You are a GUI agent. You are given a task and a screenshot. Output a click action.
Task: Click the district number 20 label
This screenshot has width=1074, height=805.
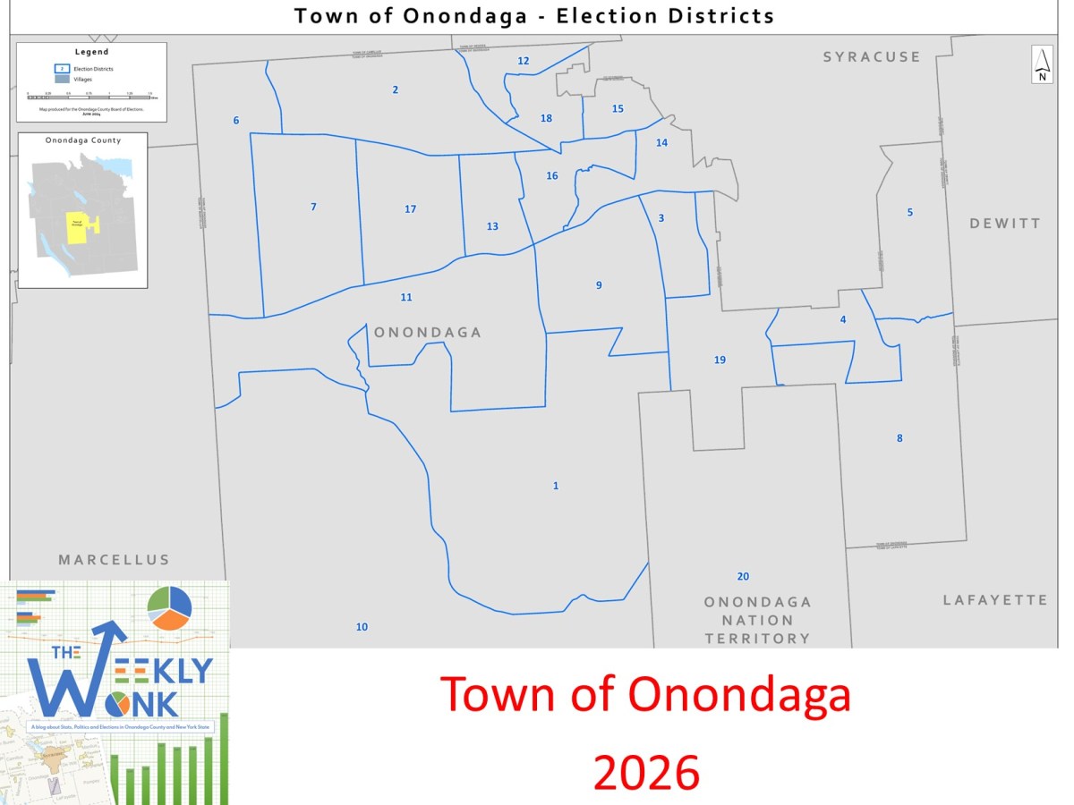(743, 576)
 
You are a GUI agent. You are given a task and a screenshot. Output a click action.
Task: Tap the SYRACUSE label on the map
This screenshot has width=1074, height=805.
(872, 56)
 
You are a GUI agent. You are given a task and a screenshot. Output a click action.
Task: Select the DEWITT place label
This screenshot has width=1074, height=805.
(1005, 223)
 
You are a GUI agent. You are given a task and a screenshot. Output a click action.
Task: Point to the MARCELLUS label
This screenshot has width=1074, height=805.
(114, 560)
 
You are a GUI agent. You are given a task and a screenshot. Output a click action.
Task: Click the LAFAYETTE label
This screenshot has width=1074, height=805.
(994, 600)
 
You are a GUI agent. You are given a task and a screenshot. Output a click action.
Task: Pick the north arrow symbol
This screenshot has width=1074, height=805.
(1042, 64)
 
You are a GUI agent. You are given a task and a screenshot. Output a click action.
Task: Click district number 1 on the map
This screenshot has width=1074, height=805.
(556, 486)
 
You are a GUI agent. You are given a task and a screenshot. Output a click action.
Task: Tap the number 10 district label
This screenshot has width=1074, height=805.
(362, 627)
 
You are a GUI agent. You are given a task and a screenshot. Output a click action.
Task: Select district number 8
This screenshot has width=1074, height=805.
(899, 437)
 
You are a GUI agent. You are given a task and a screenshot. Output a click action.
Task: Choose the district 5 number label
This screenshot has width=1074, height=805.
(910, 212)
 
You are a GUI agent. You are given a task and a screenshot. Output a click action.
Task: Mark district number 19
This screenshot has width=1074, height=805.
(720, 360)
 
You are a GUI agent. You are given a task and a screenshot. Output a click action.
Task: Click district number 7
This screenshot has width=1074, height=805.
(313, 207)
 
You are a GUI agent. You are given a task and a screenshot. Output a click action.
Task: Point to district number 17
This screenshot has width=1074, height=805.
(410, 208)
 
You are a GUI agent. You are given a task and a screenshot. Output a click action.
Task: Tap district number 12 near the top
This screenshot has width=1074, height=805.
(524, 61)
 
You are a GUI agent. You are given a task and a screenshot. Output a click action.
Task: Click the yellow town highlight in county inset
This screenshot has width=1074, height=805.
(77, 228)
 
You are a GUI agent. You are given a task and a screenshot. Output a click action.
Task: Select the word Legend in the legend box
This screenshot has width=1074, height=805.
(91, 52)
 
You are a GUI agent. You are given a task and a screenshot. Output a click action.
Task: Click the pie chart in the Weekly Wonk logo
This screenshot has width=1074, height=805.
(169, 607)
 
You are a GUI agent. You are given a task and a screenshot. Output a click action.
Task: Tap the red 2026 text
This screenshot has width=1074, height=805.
(646, 773)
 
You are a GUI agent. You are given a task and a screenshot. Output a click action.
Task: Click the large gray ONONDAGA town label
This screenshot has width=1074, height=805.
(428, 333)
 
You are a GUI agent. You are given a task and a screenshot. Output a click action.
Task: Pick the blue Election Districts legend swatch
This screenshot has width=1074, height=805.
(60, 68)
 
